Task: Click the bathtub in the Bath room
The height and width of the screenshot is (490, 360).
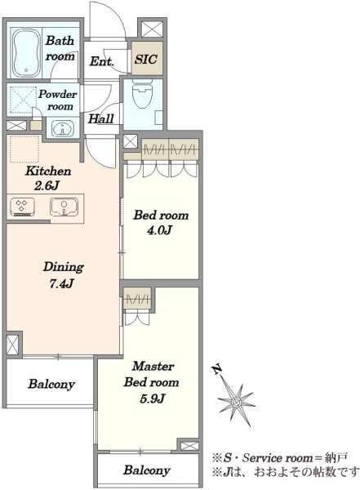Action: point(28,53)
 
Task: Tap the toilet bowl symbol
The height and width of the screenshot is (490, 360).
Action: point(143,93)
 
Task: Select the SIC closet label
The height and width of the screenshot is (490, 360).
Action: point(146,59)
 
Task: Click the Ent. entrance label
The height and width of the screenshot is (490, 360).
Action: point(101,61)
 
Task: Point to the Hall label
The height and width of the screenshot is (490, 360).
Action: point(100,118)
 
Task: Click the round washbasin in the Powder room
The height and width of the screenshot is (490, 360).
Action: point(63,128)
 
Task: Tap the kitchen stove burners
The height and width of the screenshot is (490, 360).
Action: point(22,207)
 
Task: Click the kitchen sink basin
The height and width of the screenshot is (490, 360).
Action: point(64,207)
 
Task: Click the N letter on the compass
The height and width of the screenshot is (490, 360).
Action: point(217,370)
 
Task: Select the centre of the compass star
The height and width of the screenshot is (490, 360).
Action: point(236,402)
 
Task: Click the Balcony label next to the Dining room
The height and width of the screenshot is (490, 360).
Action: point(51,384)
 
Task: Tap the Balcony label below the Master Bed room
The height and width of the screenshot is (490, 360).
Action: point(147,470)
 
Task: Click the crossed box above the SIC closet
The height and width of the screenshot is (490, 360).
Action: point(150,29)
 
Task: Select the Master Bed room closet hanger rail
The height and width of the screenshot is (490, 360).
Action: point(137,301)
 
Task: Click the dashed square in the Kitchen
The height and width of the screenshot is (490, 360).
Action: point(25,149)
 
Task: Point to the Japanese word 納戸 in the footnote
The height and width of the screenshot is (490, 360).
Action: point(336,458)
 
